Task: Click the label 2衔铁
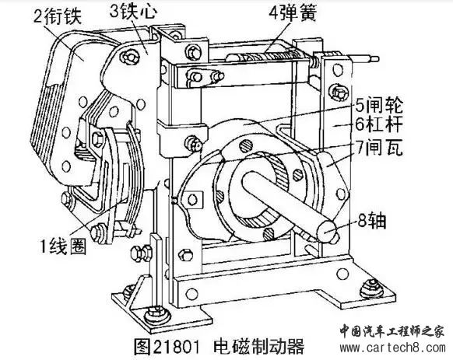(x=57, y=15)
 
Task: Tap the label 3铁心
(x=133, y=12)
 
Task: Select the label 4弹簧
(x=293, y=12)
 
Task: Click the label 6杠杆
(x=379, y=124)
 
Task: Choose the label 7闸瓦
(x=379, y=148)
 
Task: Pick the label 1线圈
(x=63, y=247)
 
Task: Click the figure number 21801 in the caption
(x=176, y=348)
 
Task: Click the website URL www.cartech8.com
(x=392, y=348)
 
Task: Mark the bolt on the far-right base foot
(x=370, y=287)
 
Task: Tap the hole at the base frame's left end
(x=191, y=294)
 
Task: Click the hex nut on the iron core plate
(x=128, y=58)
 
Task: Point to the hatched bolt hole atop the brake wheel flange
(x=246, y=146)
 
